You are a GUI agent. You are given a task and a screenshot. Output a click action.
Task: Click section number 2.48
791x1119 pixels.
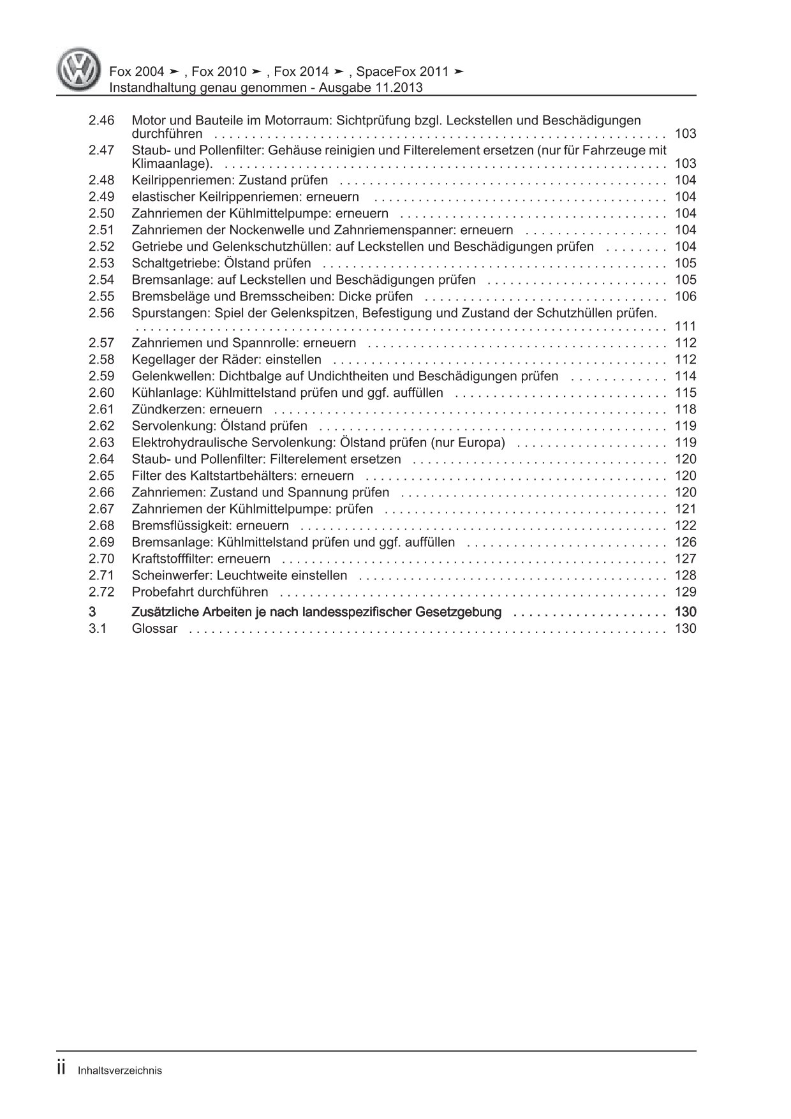coord(101,181)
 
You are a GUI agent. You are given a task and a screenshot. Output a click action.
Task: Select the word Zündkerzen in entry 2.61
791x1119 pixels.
coord(161,410)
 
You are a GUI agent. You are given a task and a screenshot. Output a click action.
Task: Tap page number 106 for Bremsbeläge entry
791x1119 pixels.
coord(685,297)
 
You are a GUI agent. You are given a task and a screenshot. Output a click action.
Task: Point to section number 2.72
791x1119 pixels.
coord(101,592)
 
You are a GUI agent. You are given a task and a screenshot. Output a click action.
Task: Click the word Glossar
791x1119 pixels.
coord(154,629)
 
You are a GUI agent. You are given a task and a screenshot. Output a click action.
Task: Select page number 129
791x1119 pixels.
coord(685,592)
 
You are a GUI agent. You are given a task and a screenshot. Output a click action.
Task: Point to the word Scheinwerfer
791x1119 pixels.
coord(168,575)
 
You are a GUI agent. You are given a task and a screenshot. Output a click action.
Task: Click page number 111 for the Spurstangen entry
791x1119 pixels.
coord(685,327)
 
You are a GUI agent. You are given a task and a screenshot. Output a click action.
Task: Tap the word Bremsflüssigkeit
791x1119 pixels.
coord(174,526)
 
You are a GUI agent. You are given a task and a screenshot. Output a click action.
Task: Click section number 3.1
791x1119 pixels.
coord(97,629)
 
